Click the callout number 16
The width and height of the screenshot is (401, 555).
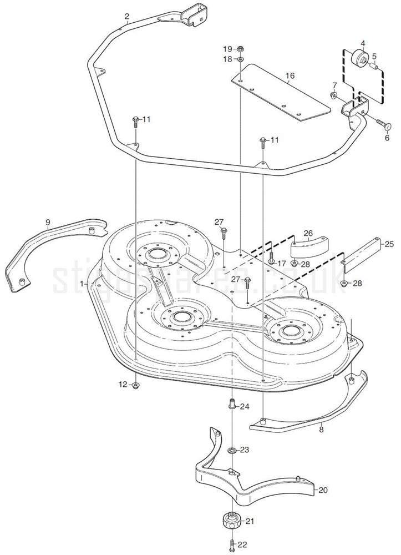tap(289, 76)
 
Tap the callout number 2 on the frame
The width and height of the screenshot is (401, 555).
tap(126, 16)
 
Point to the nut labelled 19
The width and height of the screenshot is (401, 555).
tap(241, 50)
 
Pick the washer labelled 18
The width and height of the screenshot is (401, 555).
tap(241, 59)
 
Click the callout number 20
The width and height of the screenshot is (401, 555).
tap(323, 490)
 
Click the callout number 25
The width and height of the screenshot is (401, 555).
tap(389, 244)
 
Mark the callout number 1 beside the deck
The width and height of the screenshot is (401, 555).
tap(82, 283)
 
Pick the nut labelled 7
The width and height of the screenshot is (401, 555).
tap(334, 97)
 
